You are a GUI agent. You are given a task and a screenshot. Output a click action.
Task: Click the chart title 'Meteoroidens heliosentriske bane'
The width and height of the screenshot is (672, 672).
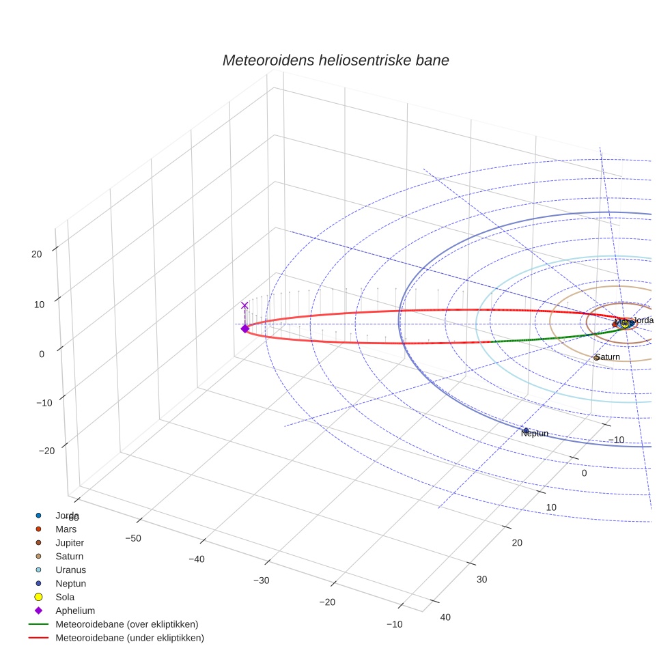pyautogui.click(x=335, y=60)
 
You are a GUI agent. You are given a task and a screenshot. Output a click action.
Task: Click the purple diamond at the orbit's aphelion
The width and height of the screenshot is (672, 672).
pyautogui.click(x=244, y=328)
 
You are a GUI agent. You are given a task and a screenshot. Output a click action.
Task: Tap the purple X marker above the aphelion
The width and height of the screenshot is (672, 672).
pyautogui.click(x=244, y=305)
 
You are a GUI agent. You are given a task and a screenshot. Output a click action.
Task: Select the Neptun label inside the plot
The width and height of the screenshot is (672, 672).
pyautogui.click(x=534, y=433)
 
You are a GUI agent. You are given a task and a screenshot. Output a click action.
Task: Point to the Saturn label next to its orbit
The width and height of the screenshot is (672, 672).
pyautogui.click(x=606, y=357)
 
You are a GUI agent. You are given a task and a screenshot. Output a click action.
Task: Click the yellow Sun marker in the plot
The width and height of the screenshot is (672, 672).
pyautogui.click(x=624, y=324)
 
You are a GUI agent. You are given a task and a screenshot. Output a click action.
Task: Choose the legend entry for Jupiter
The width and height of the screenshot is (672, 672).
pyautogui.click(x=70, y=542)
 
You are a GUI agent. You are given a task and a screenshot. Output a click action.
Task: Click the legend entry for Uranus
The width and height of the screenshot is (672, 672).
pyautogui.click(x=70, y=570)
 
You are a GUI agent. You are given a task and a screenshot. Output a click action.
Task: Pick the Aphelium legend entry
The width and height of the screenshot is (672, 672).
pyautogui.click(x=74, y=611)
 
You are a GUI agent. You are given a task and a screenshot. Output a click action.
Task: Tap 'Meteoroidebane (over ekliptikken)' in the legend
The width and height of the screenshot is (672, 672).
pyautogui.click(x=126, y=624)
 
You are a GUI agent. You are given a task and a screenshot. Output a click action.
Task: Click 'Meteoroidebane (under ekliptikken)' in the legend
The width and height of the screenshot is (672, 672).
pyautogui.click(x=129, y=638)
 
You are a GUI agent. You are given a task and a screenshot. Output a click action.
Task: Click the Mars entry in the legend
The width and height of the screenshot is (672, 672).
pyautogui.click(x=66, y=529)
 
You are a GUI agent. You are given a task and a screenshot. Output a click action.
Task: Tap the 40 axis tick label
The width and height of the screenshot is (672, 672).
pyautogui.click(x=445, y=617)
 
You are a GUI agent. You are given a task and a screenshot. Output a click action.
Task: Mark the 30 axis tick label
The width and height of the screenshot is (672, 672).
pyautogui.click(x=481, y=579)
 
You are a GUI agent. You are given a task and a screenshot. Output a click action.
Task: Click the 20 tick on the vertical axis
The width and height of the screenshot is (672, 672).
pyautogui.click(x=36, y=253)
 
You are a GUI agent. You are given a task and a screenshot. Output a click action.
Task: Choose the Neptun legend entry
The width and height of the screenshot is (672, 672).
pyautogui.click(x=70, y=583)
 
